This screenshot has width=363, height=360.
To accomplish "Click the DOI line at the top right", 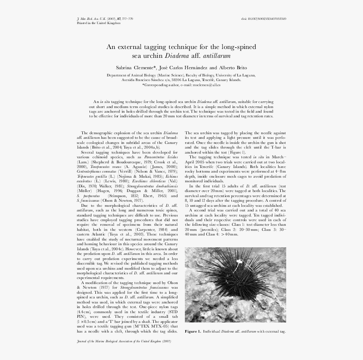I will click(263, 19).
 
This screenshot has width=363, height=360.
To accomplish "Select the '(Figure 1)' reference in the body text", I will click(237, 152).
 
